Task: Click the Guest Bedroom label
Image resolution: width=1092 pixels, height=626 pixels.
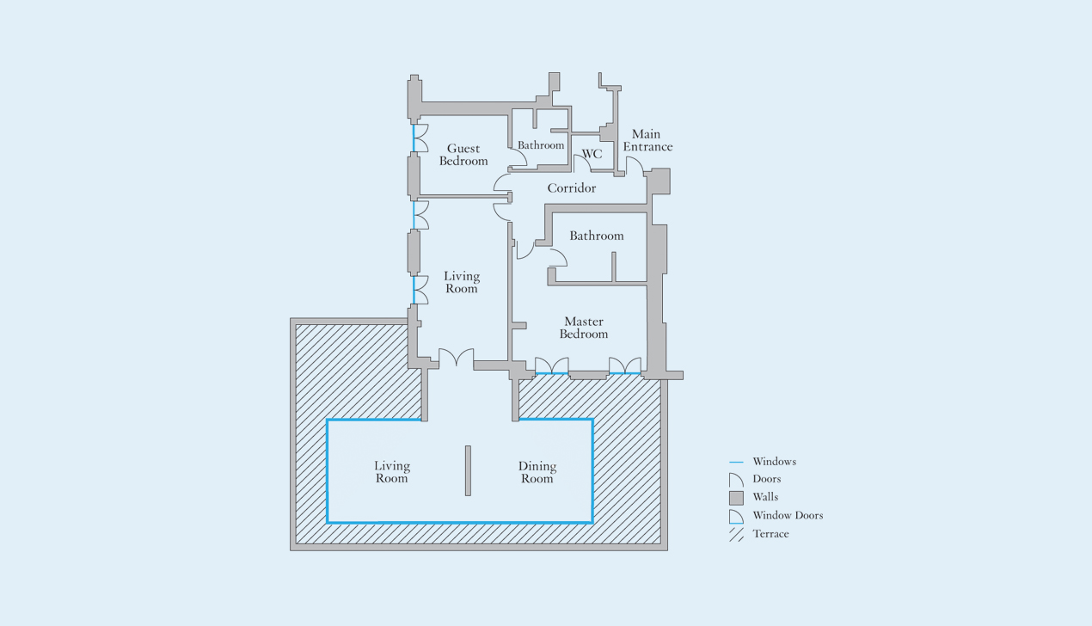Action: (463, 155)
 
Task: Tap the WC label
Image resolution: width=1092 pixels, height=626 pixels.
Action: (592, 154)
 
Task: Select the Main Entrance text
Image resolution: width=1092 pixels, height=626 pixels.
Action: (647, 140)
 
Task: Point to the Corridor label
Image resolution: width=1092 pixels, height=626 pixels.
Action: (571, 187)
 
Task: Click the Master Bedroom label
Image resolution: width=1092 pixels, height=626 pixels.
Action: (584, 328)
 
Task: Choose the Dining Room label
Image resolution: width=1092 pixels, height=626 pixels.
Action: (537, 472)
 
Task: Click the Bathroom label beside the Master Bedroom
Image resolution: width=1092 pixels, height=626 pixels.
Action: (597, 236)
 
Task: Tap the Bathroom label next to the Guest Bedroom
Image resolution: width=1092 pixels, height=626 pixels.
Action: (541, 144)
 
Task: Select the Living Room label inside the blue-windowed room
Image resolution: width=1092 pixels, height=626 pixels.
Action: (392, 471)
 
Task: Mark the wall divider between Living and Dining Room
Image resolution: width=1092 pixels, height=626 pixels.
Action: (468, 470)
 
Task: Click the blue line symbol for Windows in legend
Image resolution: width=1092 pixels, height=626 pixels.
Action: (736, 462)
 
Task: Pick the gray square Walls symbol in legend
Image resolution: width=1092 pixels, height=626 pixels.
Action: (736, 498)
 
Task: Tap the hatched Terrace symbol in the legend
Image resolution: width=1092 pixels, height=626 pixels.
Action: (736, 534)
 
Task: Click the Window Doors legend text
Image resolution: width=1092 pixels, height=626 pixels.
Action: (788, 515)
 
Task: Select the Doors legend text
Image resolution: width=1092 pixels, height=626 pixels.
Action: (767, 479)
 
